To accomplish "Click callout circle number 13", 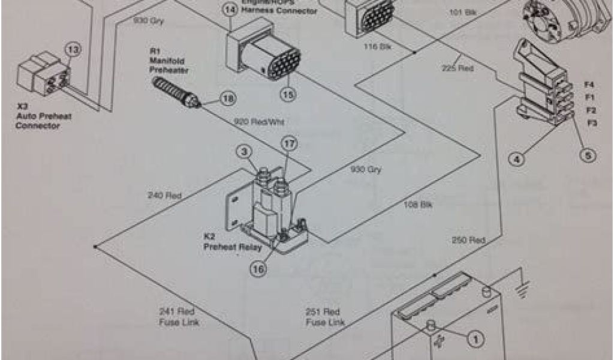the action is (x=72, y=51).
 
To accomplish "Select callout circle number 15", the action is (x=287, y=94).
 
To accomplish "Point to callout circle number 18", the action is (x=228, y=98).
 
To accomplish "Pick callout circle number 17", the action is (x=289, y=145).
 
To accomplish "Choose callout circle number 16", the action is (x=258, y=270).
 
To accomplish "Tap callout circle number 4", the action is (x=516, y=159).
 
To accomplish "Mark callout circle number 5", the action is (x=588, y=155).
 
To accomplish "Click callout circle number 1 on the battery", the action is (x=475, y=340).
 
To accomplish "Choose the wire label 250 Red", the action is (x=468, y=241).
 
